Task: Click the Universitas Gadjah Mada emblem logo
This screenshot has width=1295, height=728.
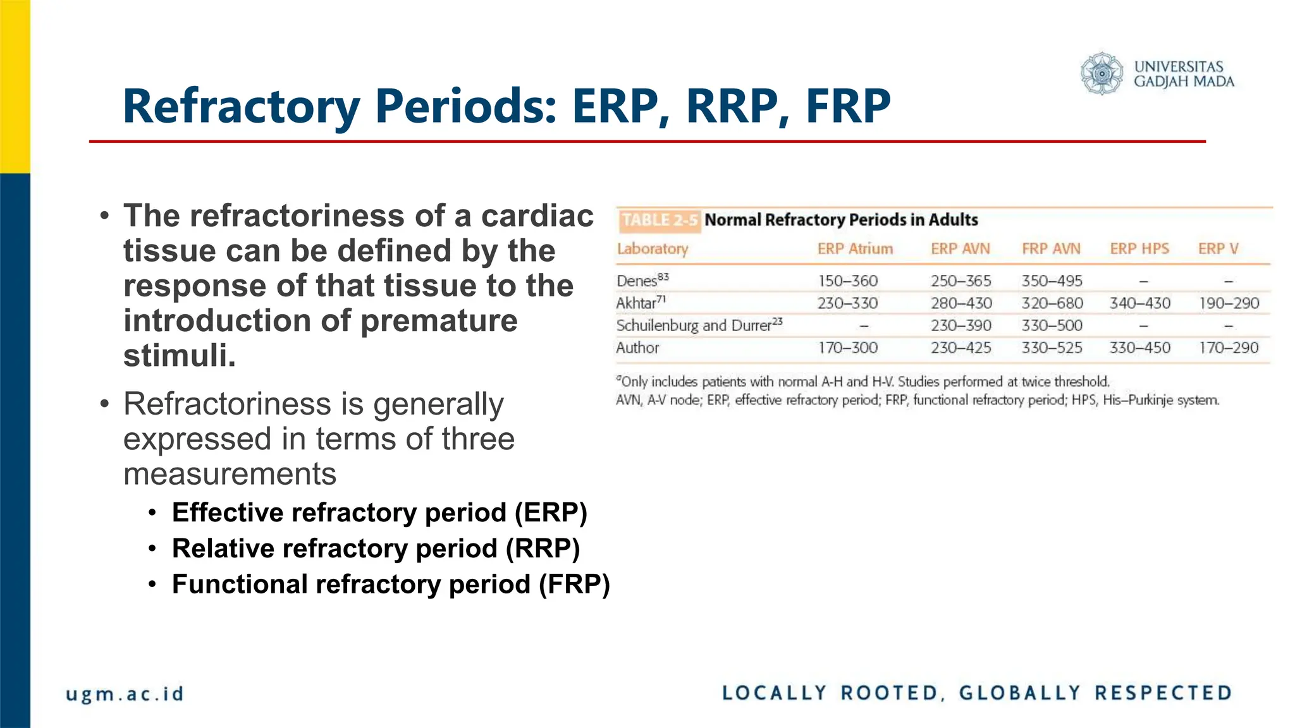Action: [x=1102, y=74]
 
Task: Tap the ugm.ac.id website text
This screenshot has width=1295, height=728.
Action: [x=125, y=694]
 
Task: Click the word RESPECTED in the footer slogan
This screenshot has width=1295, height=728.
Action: [x=1163, y=693]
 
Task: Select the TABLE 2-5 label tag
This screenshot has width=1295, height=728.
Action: [x=659, y=220]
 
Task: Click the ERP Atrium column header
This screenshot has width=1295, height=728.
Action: [x=855, y=249]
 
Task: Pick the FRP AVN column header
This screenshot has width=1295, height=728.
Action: [x=1051, y=249]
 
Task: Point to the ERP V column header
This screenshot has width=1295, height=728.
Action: [x=1218, y=249]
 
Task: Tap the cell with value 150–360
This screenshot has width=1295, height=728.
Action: [x=848, y=281]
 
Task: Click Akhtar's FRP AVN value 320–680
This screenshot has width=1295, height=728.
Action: [x=1052, y=303]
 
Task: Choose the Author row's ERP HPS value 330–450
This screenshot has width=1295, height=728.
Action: [x=1140, y=348]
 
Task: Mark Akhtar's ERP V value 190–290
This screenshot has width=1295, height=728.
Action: [x=1229, y=303]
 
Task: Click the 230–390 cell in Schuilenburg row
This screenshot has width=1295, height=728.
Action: [x=961, y=325]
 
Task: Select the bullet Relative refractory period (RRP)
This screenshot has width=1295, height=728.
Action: [x=376, y=549]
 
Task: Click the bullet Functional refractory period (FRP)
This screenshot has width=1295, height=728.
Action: [x=391, y=585]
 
